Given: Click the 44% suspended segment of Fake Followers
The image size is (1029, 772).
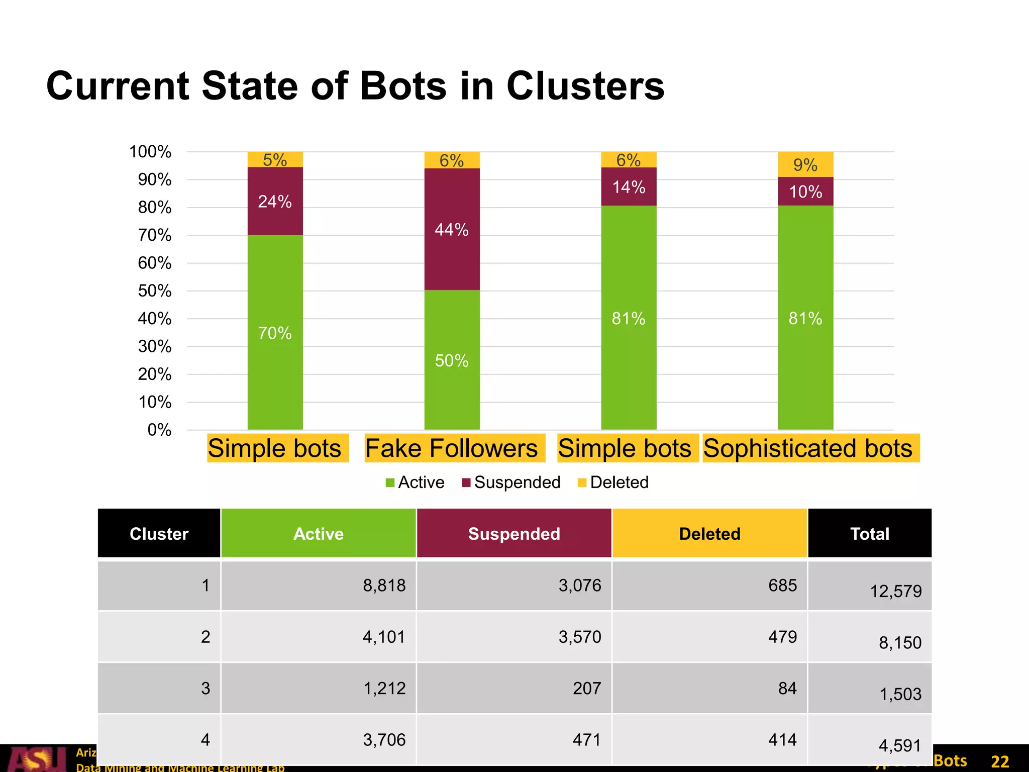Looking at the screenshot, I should [452, 229].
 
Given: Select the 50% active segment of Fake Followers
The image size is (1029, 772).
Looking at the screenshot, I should [452, 360].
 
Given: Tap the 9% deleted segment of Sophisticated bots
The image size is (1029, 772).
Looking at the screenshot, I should [805, 164].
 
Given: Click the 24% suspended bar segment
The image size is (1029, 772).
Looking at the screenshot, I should [275, 201].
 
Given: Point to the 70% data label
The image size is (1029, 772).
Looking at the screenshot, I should [275, 333].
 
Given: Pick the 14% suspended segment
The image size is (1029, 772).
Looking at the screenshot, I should [629, 187].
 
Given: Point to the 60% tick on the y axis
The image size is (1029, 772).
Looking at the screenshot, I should [155, 263].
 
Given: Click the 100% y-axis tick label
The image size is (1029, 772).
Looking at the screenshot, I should [150, 151].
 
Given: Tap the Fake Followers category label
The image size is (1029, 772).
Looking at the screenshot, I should [452, 448].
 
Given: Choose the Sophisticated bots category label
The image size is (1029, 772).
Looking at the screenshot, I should [808, 448].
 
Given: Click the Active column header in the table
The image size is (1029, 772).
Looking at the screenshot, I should [319, 534].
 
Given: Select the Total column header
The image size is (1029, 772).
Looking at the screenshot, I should [869, 534].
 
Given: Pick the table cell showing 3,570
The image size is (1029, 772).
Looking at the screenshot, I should [580, 637].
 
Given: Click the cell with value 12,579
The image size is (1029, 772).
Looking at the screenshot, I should [896, 591].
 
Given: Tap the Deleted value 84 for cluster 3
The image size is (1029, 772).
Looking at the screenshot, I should [787, 688].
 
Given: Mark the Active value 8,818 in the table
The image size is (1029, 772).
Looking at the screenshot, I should [384, 586].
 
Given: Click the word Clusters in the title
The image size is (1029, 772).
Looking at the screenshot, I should [585, 86].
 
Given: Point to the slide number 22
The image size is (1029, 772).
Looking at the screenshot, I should [1000, 761].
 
